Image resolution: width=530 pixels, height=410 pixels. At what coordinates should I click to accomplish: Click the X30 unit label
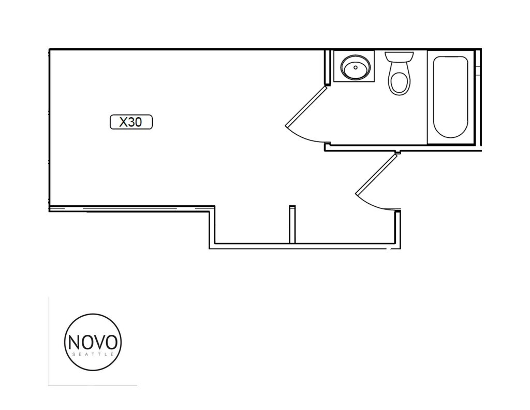[131, 122]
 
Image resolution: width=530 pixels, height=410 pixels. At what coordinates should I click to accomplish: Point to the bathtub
[450, 97]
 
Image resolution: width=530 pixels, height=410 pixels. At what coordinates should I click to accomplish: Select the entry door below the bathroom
[377, 181]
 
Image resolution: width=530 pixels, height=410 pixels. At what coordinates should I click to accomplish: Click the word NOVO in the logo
[93, 342]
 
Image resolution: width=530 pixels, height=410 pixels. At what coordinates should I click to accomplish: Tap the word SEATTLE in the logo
[93, 355]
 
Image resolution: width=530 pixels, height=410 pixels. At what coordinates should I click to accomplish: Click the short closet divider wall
[292, 224]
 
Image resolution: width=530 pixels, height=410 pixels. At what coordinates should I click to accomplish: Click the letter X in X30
[124, 122]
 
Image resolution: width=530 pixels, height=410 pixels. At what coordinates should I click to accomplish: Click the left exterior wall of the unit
[49, 130]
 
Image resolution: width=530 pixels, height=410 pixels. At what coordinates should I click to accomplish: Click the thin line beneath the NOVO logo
[93, 386]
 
